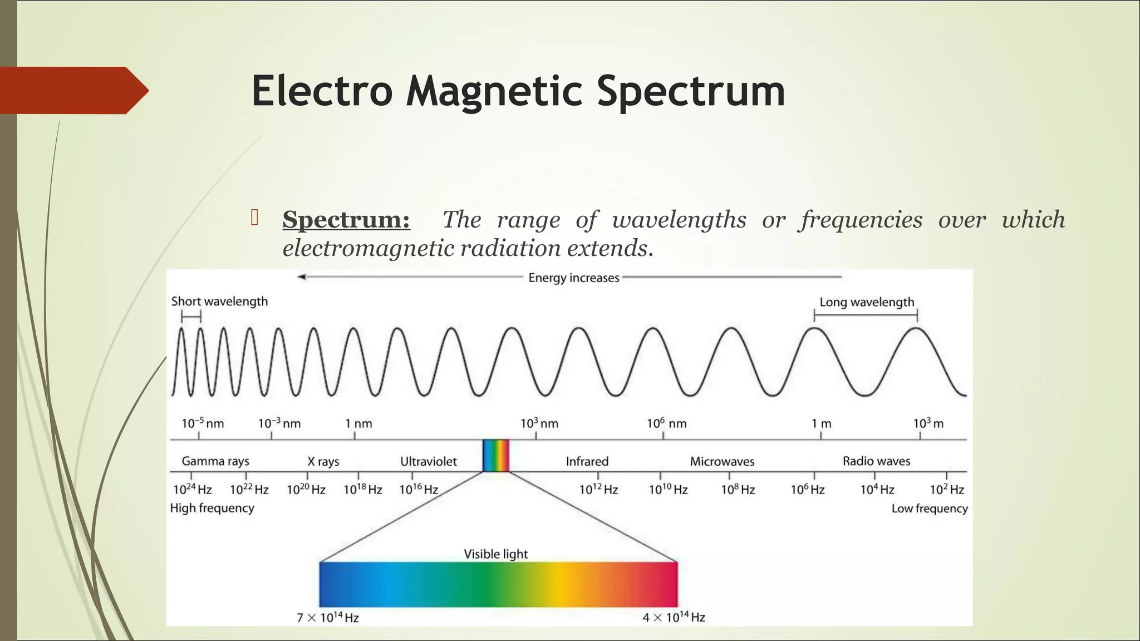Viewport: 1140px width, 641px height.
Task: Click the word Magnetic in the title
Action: (x=494, y=91)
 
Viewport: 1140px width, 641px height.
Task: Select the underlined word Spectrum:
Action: (x=346, y=219)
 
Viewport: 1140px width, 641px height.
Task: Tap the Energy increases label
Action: (x=573, y=278)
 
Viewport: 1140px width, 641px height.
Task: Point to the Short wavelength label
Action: (x=219, y=302)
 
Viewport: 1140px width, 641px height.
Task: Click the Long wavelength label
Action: (x=867, y=302)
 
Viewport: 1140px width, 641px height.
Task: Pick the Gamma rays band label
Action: (x=215, y=461)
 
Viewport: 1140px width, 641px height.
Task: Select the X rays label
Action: (x=323, y=461)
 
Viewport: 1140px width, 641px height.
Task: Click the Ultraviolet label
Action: (x=428, y=461)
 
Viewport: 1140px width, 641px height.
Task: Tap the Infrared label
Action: (x=587, y=461)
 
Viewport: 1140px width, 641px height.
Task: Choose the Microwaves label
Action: (x=722, y=461)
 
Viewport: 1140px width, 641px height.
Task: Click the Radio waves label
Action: (x=876, y=461)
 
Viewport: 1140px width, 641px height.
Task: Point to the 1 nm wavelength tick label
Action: (x=358, y=423)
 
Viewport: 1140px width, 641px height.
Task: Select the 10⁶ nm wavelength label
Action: (x=666, y=423)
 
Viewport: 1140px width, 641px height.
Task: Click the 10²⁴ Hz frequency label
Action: (x=192, y=490)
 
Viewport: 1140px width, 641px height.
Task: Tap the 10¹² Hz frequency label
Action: (x=598, y=490)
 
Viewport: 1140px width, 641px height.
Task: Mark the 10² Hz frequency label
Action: (x=946, y=490)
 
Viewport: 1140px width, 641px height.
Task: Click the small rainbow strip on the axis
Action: (x=495, y=456)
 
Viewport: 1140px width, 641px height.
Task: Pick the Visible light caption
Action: (x=495, y=554)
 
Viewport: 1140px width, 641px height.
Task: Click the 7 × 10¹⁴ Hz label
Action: (x=327, y=618)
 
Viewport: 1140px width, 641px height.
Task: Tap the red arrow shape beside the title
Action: (x=72, y=90)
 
